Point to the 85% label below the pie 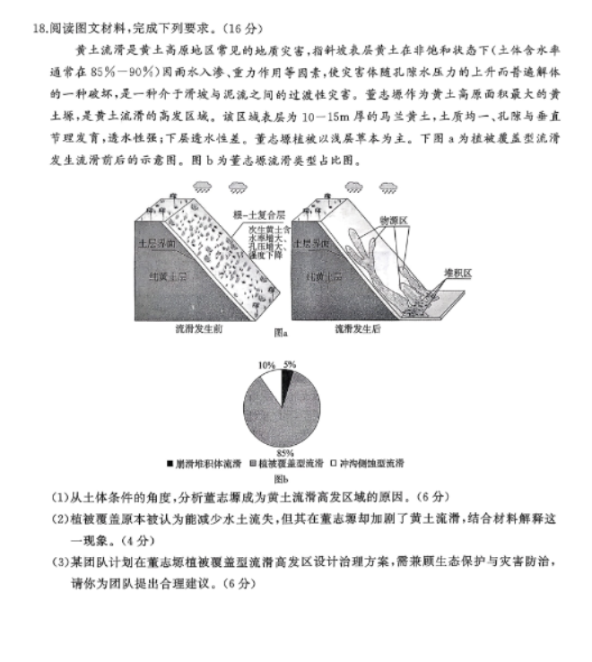pyautogui.click(x=285, y=452)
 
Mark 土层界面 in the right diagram pyautogui.click(x=320, y=243)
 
